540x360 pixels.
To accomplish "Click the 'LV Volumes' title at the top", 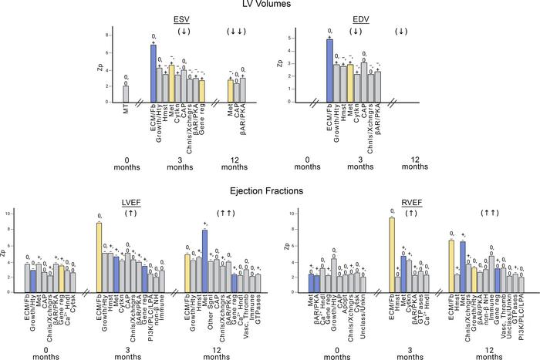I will click(x=269, y=5).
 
